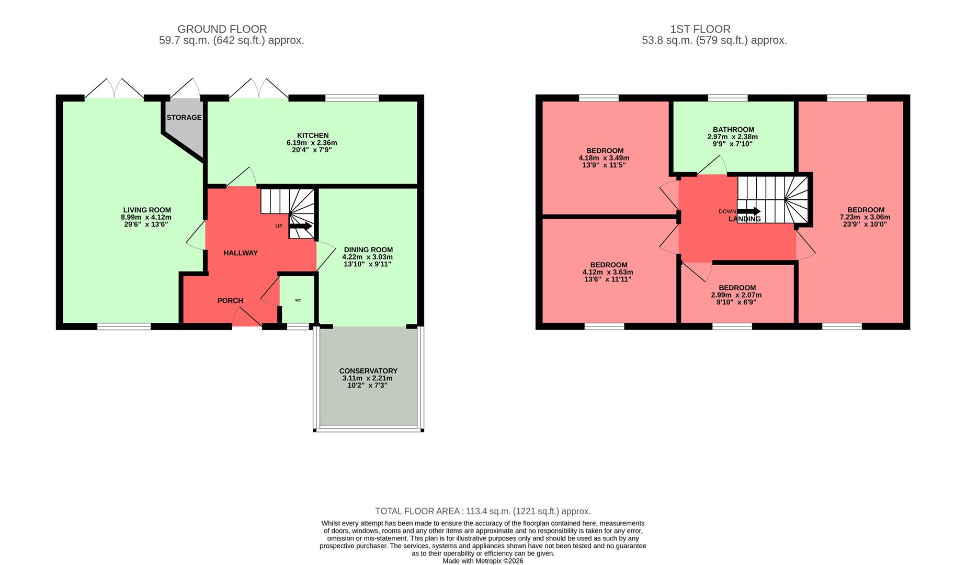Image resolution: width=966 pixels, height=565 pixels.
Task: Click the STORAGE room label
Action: pos(184,118)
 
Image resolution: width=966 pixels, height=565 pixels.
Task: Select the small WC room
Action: pos(298,300)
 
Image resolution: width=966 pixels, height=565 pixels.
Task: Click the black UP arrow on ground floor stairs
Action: pos(300,227)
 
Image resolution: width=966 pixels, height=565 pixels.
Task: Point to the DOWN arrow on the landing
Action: pos(748,211)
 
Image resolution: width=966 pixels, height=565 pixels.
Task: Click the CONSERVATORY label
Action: pos(368,371)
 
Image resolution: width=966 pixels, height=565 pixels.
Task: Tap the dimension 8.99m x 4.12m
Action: pos(146,217)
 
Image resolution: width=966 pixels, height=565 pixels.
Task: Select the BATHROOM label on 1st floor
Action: pos(733,130)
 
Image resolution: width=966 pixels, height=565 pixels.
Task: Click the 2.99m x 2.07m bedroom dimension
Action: pos(736,295)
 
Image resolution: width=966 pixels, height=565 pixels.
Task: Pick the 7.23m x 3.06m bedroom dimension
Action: pos(865,217)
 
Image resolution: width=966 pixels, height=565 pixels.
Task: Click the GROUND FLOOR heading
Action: pos(222,29)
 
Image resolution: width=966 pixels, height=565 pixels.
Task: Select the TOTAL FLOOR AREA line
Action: pos(483,511)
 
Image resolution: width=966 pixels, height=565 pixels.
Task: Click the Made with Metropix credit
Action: pos(483,561)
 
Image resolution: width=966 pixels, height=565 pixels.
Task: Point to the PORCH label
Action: pos(230,301)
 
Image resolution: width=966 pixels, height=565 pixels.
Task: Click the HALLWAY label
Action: pos(241,253)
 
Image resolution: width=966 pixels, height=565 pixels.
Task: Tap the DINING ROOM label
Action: pos(368,250)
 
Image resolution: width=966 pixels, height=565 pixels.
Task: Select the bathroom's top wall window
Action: pos(728,98)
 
